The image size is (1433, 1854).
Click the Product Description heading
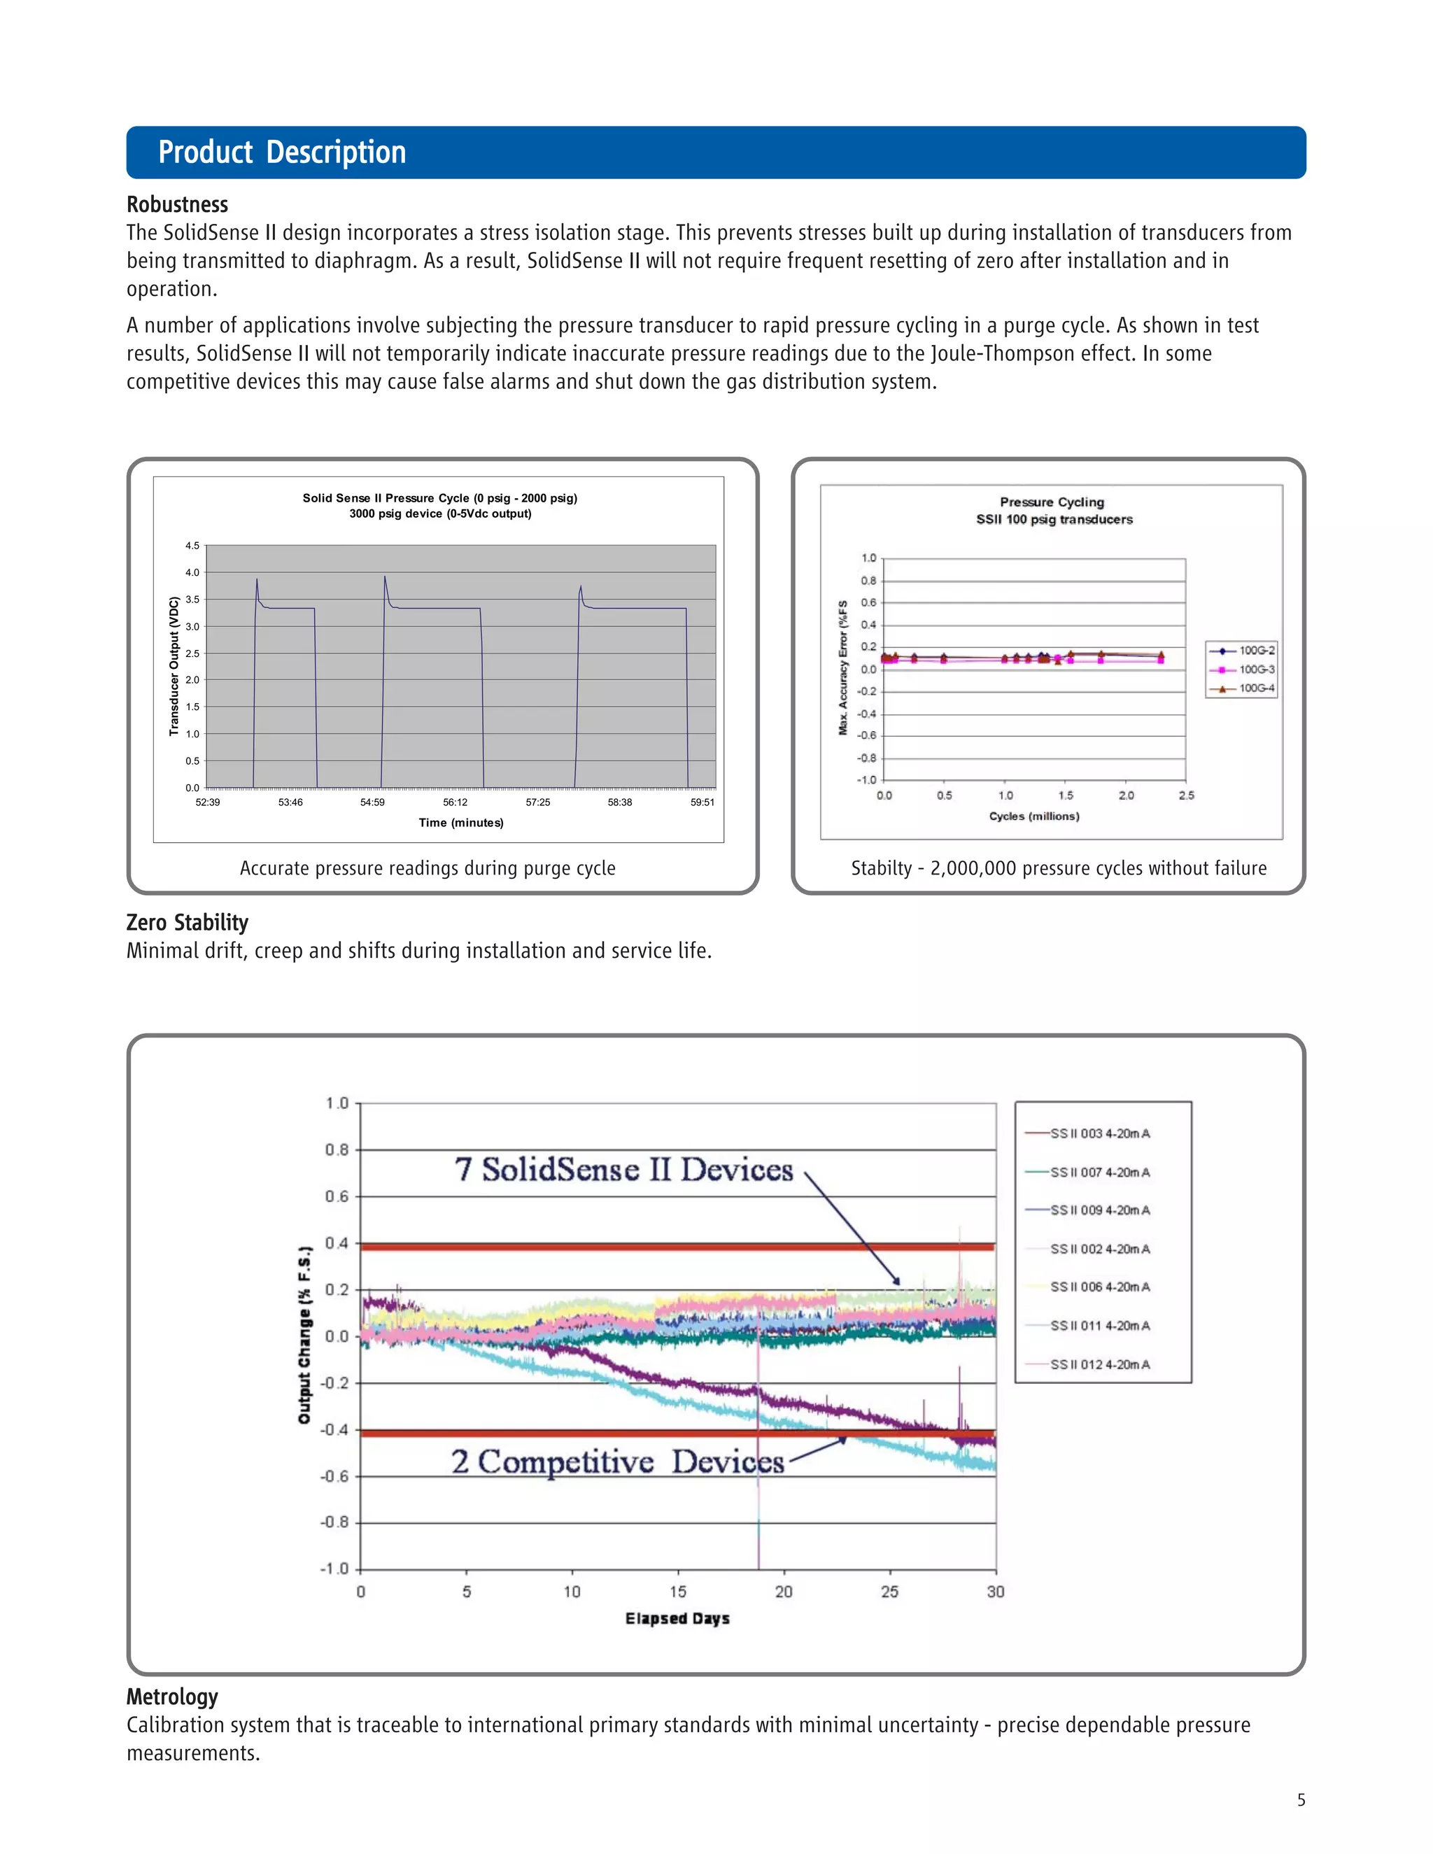[x=282, y=153]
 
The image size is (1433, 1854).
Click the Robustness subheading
[x=178, y=204]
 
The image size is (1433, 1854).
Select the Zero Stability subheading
[x=187, y=923]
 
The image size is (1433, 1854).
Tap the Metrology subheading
[x=172, y=1697]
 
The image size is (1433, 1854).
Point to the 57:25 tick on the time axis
[x=537, y=802]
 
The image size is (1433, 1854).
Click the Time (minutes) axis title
[x=461, y=823]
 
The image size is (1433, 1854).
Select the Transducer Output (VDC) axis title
[x=174, y=666]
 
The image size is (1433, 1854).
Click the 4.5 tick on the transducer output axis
[x=192, y=546]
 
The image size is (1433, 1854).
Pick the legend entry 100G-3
[x=1255, y=670]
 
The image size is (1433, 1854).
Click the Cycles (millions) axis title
[x=1034, y=816]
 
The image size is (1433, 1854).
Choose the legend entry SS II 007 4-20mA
[x=1099, y=1173]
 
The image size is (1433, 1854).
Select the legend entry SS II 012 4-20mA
[x=1099, y=1364]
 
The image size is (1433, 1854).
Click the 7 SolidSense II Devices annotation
[x=624, y=1170]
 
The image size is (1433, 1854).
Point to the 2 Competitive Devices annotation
[x=617, y=1462]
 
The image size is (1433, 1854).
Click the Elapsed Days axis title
[x=677, y=1619]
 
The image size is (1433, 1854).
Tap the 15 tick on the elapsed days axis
[x=677, y=1592]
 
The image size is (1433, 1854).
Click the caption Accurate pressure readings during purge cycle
[x=427, y=868]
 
